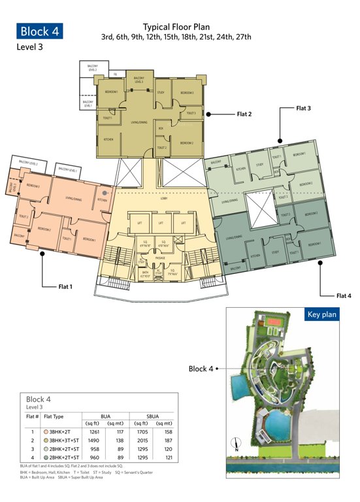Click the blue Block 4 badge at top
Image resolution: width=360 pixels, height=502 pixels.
(x=40, y=31)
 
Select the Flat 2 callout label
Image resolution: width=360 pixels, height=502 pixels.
(x=244, y=113)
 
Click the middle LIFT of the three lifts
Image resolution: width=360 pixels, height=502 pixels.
(x=161, y=223)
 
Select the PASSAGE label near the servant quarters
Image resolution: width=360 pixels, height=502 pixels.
(x=160, y=258)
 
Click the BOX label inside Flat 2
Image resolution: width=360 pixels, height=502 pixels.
(x=161, y=128)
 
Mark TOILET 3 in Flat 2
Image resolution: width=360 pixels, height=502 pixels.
(x=191, y=113)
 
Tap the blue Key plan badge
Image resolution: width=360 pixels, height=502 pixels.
(x=321, y=314)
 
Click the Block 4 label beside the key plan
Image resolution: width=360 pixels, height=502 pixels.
(x=201, y=369)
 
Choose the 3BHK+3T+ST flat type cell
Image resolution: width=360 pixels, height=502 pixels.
(x=61, y=441)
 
